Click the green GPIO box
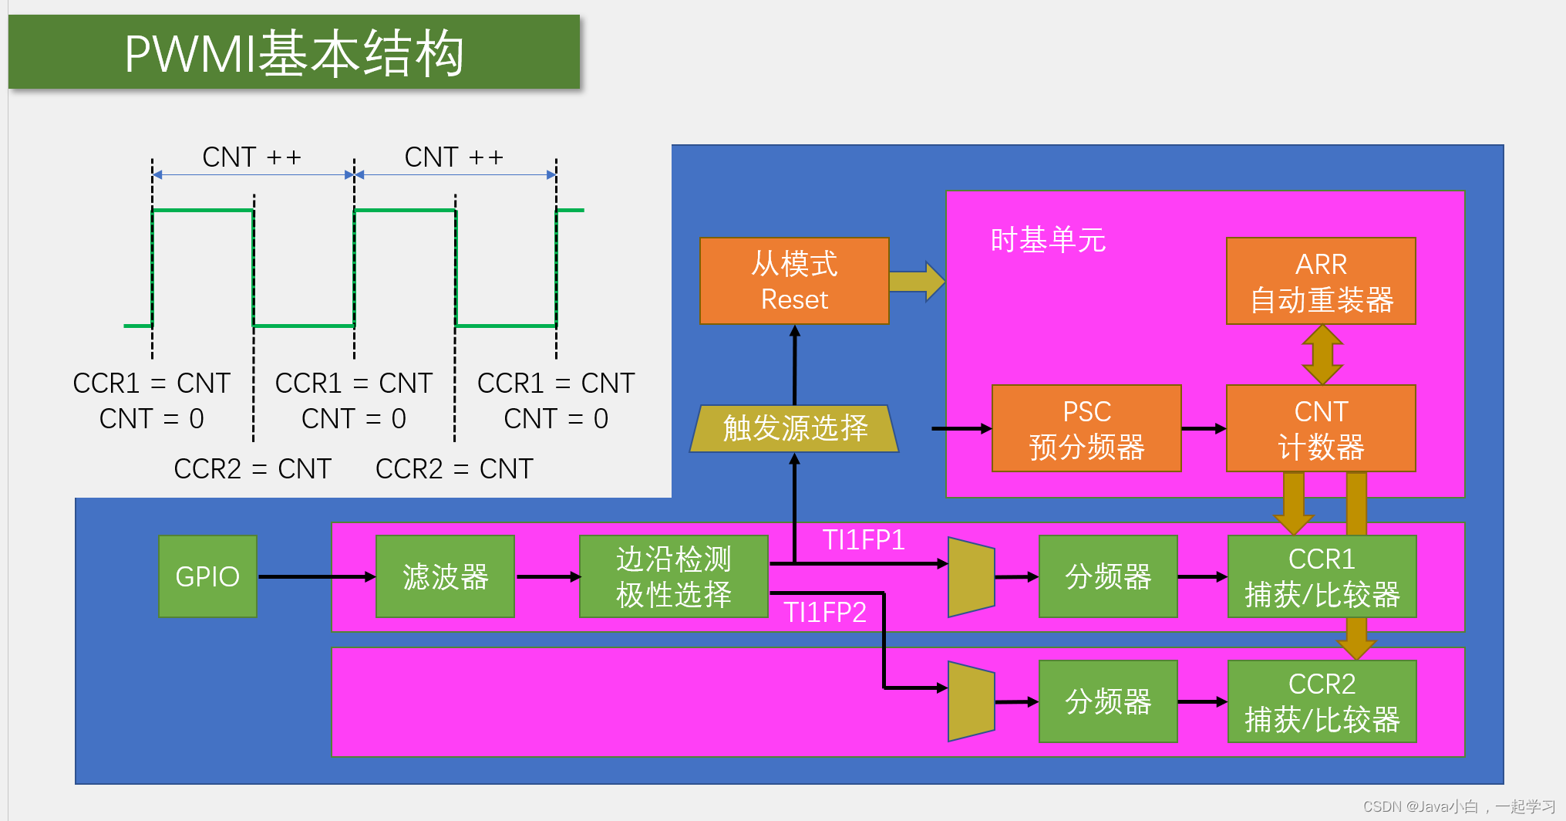tap(207, 576)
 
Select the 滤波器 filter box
tap(445, 576)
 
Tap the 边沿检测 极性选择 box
tap(673, 576)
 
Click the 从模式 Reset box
tap(794, 281)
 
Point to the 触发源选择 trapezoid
tap(794, 428)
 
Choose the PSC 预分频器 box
tap(1086, 428)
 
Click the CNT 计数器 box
tap(1321, 428)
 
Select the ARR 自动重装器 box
tap(1321, 281)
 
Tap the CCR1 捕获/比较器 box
tap(1322, 576)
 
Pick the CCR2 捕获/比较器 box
tap(1322, 701)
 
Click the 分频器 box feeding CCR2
tap(1108, 701)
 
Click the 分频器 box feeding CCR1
tap(1108, 576)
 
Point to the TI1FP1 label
tap(863, 539)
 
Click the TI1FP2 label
tap(825, 612)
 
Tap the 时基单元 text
tap(1047, 240)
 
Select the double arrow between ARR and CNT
tap(1322, 355)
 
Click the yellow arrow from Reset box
tap(917, 281)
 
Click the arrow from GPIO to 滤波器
tap(316, 576)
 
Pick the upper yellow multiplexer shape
tap(971, 576)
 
